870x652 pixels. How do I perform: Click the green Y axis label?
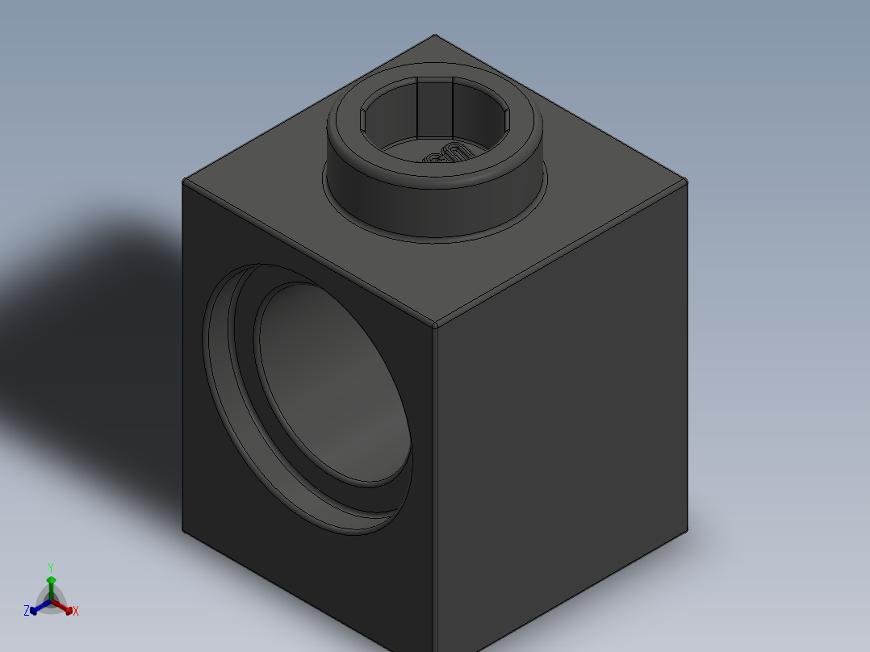click(50, 566)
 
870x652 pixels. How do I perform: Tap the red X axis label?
click(75, 612)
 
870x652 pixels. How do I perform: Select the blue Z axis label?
click(27, 612)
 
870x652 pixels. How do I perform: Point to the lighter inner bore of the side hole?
click(331, 379)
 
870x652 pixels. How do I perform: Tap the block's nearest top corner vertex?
click(435, 325)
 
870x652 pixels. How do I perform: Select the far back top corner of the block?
click(435, 36)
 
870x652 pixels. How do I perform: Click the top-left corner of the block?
click(185, 181)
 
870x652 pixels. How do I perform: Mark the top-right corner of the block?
click(687, 182)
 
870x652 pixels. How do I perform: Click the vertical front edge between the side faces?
click(435, 484)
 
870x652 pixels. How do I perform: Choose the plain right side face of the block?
click(565, 420)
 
